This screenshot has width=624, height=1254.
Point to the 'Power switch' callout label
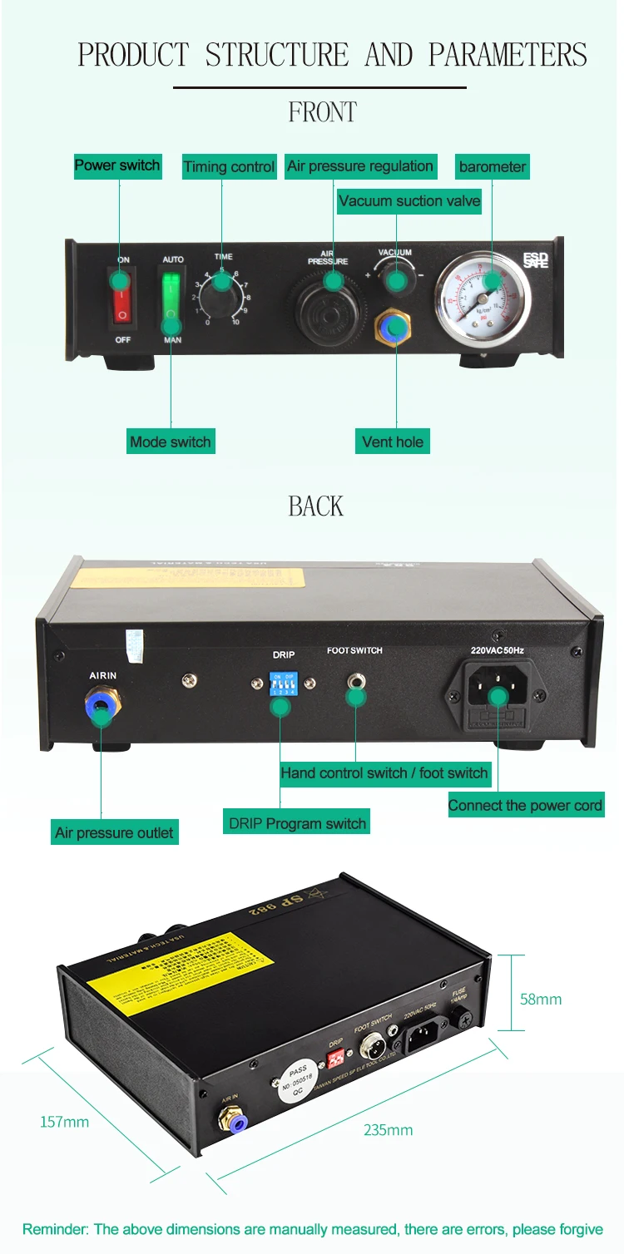point(117,165)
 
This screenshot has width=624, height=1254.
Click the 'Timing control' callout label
point(229,167)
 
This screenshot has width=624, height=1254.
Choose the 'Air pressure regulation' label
point(360,166)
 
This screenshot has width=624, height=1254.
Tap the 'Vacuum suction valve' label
point(409,200)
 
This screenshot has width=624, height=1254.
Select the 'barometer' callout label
point(492,167)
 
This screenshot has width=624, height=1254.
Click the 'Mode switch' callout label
point(171,442)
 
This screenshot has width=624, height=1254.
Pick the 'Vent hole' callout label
point(393,442)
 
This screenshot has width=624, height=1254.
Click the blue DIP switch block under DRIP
point(283,687)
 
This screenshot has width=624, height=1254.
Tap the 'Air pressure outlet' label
point(114,832)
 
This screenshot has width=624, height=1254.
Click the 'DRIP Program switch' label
point(297,823)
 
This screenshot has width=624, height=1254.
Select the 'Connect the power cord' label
point(525,805)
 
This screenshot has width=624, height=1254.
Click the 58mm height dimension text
point(541,999)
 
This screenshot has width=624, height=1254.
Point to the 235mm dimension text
point(388,1130)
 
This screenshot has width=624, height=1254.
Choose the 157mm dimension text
point(64,1122)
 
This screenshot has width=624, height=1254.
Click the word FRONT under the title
point(322,112)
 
